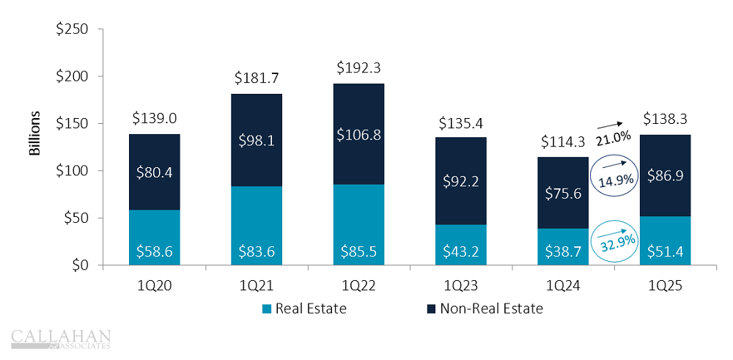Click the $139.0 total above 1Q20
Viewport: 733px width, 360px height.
pyautogui.click(x=155, y=117)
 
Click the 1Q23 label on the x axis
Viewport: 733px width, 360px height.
pyautogui.click(x=460, y=288)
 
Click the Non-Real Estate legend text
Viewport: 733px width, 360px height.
pyautogui.click(x=492, y=309)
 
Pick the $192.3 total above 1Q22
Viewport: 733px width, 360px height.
pyautogui.click(x=358, y=67)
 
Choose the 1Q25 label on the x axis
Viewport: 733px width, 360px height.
pyautogui.click(x=664, y=288)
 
